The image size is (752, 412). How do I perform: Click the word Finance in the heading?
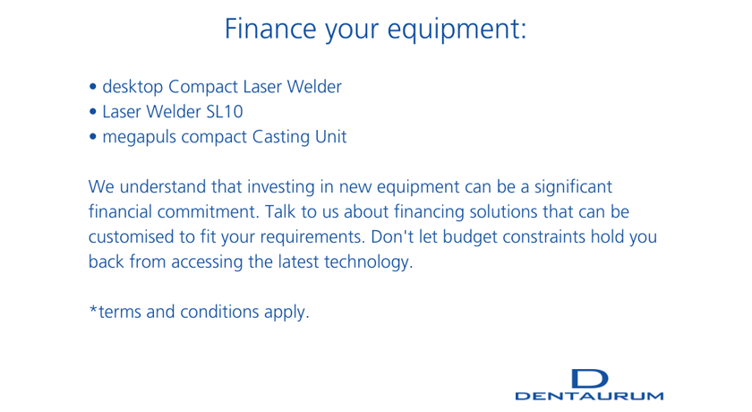270,29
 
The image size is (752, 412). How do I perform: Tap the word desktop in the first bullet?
132,87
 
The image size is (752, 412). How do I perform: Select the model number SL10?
225,112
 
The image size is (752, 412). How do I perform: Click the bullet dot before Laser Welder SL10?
93,112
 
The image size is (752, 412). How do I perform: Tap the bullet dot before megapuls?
93,137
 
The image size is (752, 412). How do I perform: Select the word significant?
573,187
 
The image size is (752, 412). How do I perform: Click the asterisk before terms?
93,308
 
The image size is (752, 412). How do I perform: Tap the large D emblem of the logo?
590,379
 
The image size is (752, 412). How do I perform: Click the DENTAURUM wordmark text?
589,396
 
